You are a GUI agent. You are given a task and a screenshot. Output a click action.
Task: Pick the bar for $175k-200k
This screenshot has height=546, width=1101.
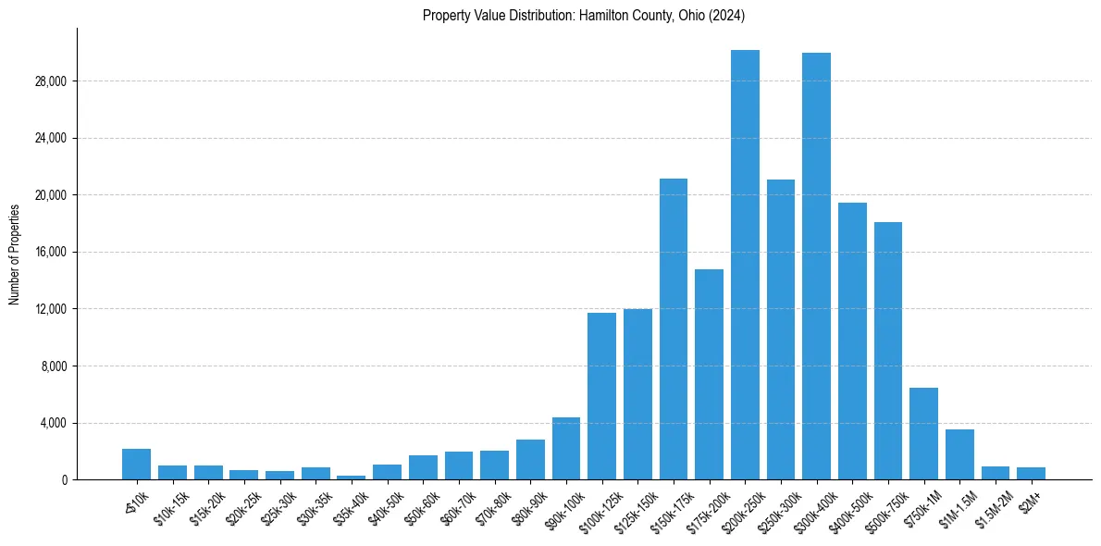point(709,375)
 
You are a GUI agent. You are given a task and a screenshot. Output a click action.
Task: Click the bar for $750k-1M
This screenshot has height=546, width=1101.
point(923,434)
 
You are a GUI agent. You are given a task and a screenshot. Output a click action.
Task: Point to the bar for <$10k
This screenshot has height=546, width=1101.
point(136,465)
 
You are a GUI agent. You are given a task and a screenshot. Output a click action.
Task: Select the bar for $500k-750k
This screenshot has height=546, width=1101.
point(887,351)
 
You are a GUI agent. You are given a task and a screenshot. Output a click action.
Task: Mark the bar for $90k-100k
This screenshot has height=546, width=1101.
point(566,449)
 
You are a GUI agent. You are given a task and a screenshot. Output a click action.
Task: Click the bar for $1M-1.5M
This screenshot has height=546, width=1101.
point(959,454)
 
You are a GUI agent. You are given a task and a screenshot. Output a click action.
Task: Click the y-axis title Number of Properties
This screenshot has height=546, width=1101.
point(15,254)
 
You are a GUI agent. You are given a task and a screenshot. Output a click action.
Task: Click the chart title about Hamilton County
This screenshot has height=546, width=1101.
point(583,16)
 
